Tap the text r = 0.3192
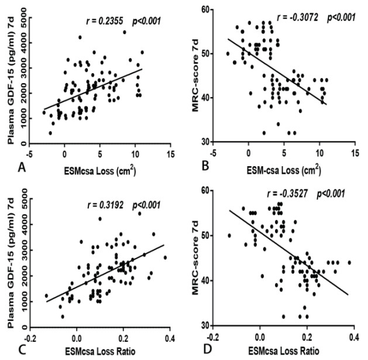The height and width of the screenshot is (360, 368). [x=102, y=204]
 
